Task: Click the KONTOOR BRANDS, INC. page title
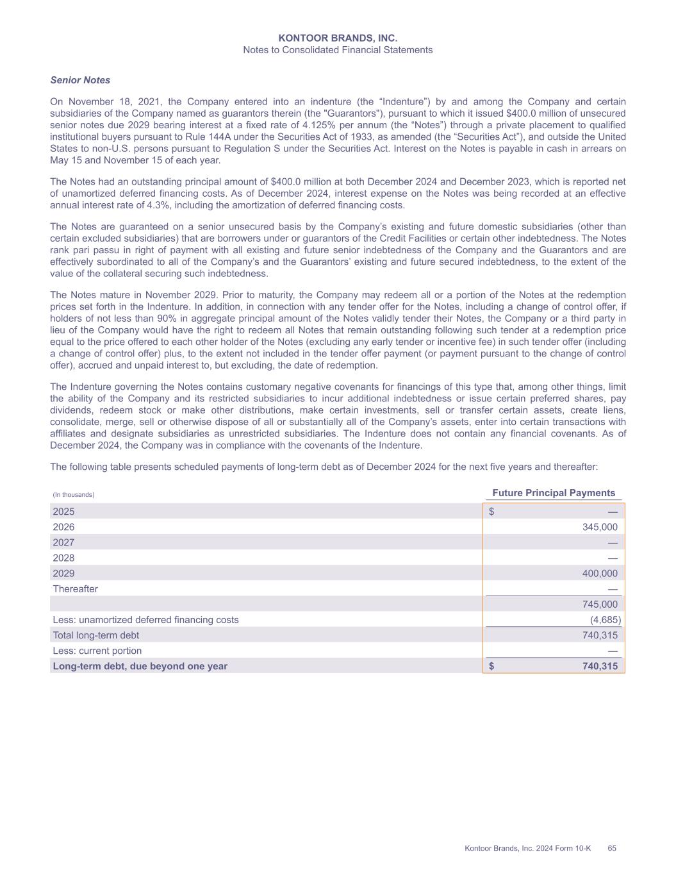pos(338,38)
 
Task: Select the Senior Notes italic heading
pos(80,80)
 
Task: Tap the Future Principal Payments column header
pos(554,493)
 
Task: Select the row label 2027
pos(63,542)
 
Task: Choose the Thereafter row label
pos(75,589)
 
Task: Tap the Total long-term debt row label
pos(95,635)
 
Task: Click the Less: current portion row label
pos(97,651)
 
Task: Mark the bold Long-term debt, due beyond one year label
pos(140,666)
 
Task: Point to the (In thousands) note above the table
pos(74,495)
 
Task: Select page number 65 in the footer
pos(612,849)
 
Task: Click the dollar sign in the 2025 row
pos(491,512)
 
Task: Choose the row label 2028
pos(63,558)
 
